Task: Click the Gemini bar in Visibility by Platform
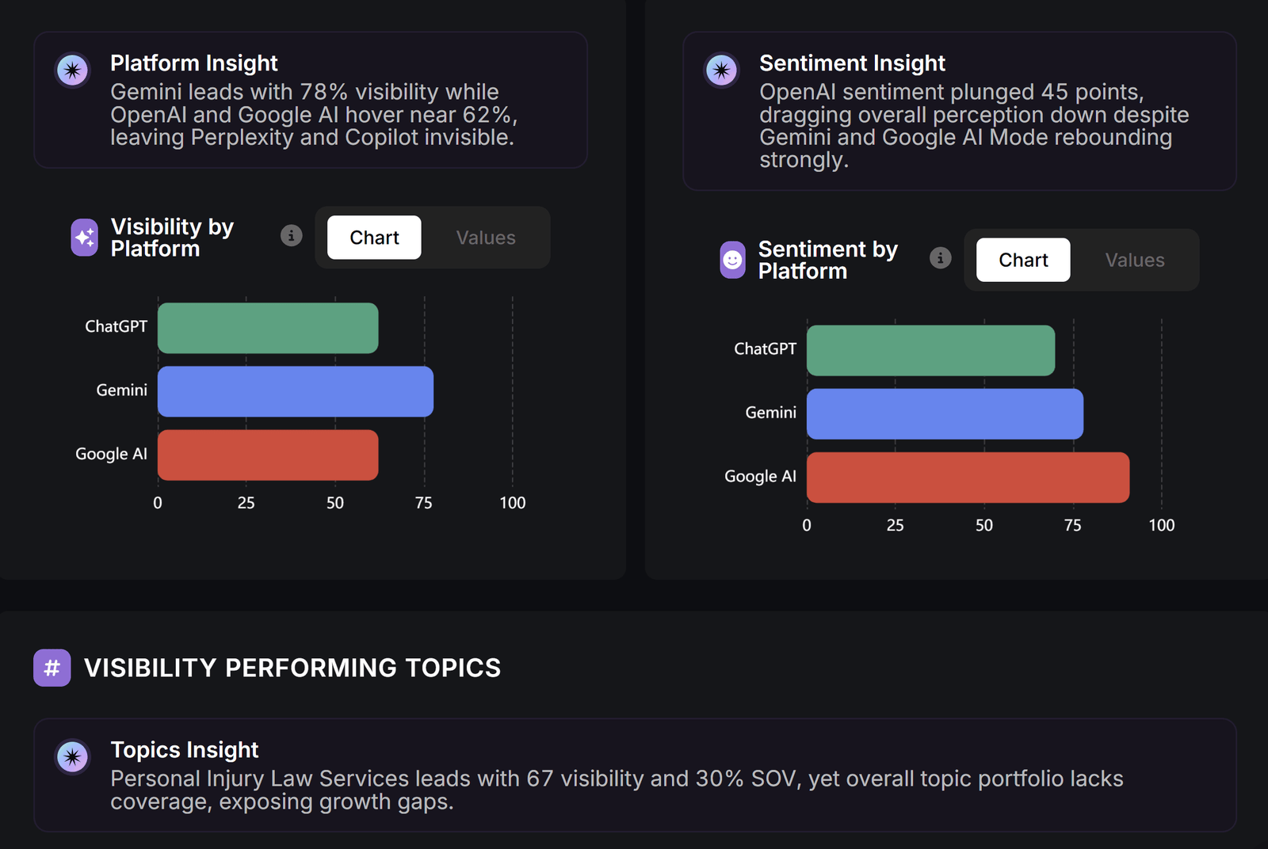point(296,391)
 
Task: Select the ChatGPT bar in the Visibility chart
point(268,328)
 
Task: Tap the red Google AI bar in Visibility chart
point(268,455)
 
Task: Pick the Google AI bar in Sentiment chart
point(968,478)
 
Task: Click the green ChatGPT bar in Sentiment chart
point(930,351)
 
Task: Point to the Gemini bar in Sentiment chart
point(945,414)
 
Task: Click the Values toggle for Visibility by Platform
point(486,238)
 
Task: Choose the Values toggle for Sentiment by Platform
point(1135,261)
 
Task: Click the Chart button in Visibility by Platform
point(374,238)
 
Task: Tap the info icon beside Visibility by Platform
point(292,235)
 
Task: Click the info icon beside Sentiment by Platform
point(941,258)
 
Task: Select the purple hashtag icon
point(52,668)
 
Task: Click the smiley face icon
point(732,261)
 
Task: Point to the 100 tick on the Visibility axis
point(512,503)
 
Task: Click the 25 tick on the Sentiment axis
point(895,525)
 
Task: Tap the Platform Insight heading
point(193,63)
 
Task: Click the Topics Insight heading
point(184,750)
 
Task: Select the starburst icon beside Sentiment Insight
point(721,70)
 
